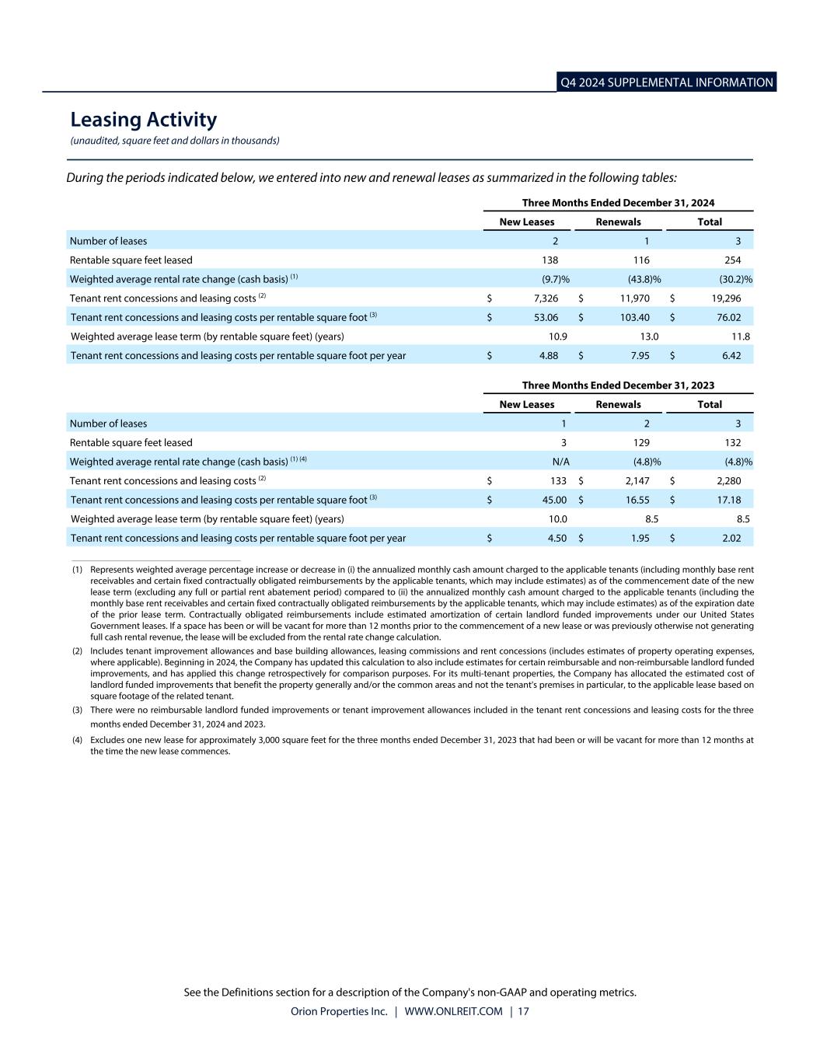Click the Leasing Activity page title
143,120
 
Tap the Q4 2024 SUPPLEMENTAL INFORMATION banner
666,82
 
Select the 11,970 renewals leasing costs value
633,298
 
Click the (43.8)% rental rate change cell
644,279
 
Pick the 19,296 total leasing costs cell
723,298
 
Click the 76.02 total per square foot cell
728,317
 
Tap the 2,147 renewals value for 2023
637,481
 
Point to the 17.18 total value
728,500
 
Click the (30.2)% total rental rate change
735,279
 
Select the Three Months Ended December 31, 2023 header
618,386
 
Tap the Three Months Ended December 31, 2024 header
618,203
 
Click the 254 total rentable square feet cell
732,260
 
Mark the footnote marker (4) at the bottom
78,741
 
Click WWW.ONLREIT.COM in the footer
453,1011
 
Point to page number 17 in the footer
523,1011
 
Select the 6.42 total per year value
731,356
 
